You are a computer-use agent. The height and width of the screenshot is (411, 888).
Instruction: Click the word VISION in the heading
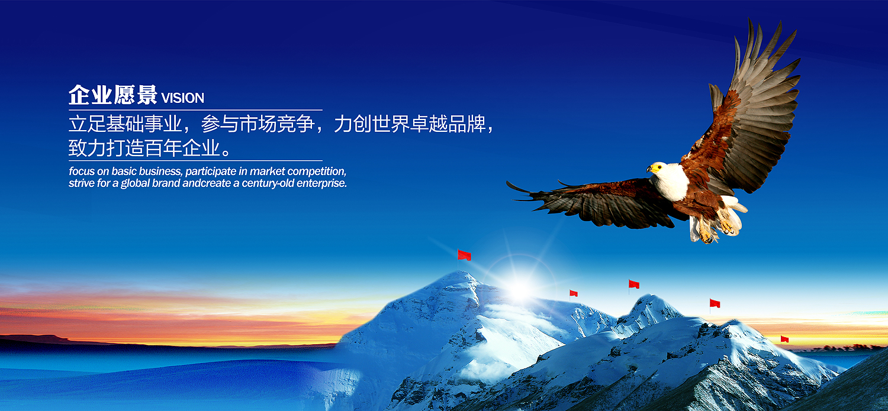coord(183,98)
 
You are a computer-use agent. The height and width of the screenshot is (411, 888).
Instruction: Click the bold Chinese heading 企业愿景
coord(113,95)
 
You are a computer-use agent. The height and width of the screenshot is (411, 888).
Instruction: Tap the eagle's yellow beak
coord(650,169)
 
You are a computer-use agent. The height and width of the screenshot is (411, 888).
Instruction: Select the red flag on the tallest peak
coord(464,255)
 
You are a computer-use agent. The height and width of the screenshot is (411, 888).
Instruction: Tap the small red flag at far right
coord(784,339)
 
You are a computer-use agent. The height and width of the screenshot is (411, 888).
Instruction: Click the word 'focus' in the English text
coord(82,171)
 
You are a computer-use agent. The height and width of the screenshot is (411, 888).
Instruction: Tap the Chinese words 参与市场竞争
coord(258,124)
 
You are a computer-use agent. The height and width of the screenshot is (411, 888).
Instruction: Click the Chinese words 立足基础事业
coord(126,124)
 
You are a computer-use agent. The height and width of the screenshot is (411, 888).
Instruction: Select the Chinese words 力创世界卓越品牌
coord(410,124)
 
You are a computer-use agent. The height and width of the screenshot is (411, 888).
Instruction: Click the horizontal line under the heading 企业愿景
coord(195,109)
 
